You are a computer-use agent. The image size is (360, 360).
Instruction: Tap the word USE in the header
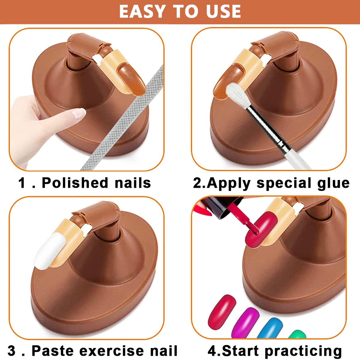click(223, 11)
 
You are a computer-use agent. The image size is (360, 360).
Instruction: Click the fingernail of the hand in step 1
click(79, 113)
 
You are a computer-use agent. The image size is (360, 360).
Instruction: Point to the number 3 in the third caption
click(11, 350)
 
